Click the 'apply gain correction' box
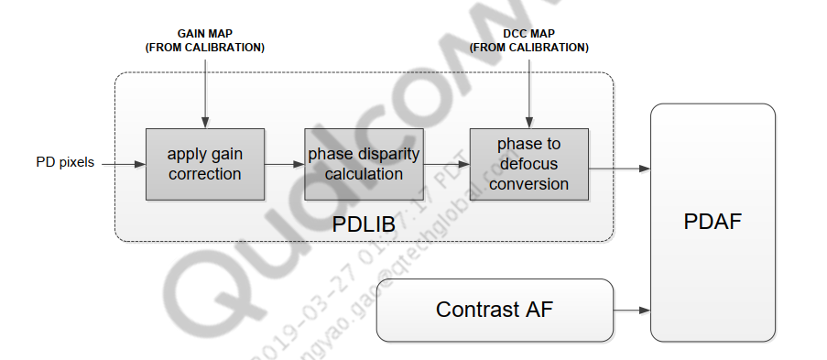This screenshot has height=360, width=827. coord(204,163)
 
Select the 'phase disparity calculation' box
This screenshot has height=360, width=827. coord(363,163)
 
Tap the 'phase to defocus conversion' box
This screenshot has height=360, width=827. coord(528,163)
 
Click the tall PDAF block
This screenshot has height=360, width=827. coord(713,223)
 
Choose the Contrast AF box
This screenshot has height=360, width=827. coord(495,310)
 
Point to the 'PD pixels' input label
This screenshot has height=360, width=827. coord(64,164)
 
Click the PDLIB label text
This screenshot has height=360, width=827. coord(363,223)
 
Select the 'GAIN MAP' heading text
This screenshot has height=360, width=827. coord(205,34)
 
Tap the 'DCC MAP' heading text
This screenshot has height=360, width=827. coord(528,34)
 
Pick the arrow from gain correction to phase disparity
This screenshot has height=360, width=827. coord(284,164)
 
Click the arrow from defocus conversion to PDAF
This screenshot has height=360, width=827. coord(618,169)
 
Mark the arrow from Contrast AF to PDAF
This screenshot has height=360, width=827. coord(631,310)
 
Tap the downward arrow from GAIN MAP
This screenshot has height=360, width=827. coord(205,92)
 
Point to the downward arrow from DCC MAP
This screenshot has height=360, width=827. coord(528,92)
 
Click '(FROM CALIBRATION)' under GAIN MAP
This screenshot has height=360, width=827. coord(205,48)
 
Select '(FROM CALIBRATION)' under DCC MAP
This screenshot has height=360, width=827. coord(528,48)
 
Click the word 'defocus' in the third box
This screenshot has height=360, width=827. coord(529,164)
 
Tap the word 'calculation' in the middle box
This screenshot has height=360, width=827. coord(363,173)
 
